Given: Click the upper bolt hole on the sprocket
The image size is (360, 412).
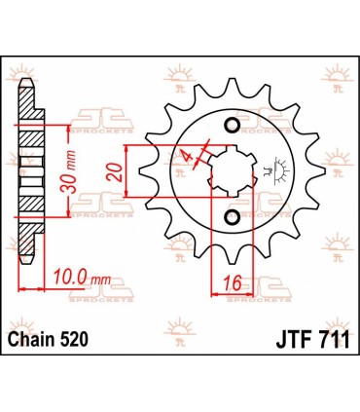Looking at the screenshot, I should pyautogui.click(x=231, y=126).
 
